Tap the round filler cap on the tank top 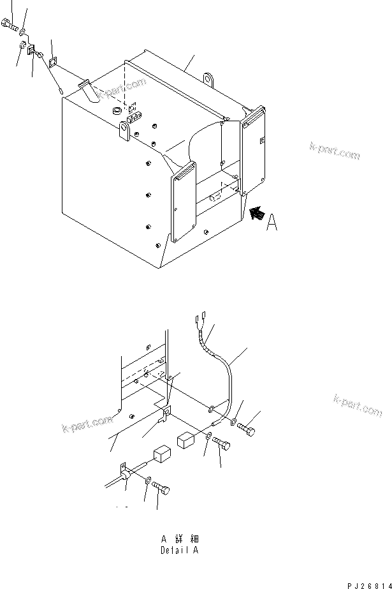pyautogui.click(x=117, y=111)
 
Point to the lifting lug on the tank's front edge pyautogui.click(x=125, y=133)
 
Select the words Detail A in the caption pyautogui.click(x=182, y=549)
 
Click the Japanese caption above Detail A pyautogui.click(x=182, y=538)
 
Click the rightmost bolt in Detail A pyautogui.click(x=247, y=431)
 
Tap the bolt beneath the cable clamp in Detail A pyautogui.click(x=161, y=489)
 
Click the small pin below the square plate pyautogui.click(x=59, y=89)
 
